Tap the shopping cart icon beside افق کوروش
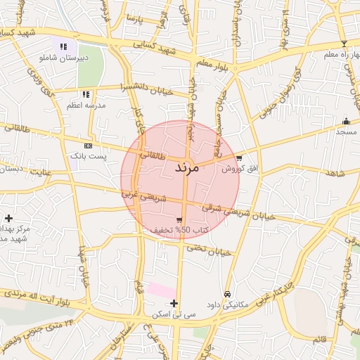tap(240, 158)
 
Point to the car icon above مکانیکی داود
tap(227, 293)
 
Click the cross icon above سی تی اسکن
tap(174, 303)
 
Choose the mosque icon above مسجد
tap(345, 121)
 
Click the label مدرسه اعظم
tap(86, 105)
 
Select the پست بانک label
tap(88, 155)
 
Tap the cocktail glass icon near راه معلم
tap(343, 44)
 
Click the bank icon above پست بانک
tap(88, 146)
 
